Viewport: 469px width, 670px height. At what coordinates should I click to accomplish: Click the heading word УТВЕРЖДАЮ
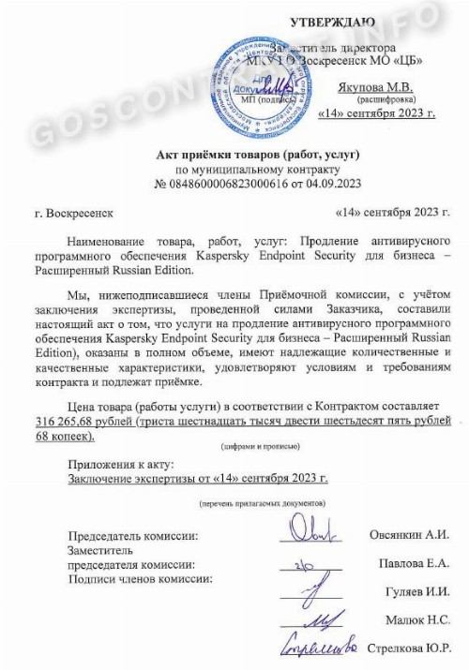tap(334, 21)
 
